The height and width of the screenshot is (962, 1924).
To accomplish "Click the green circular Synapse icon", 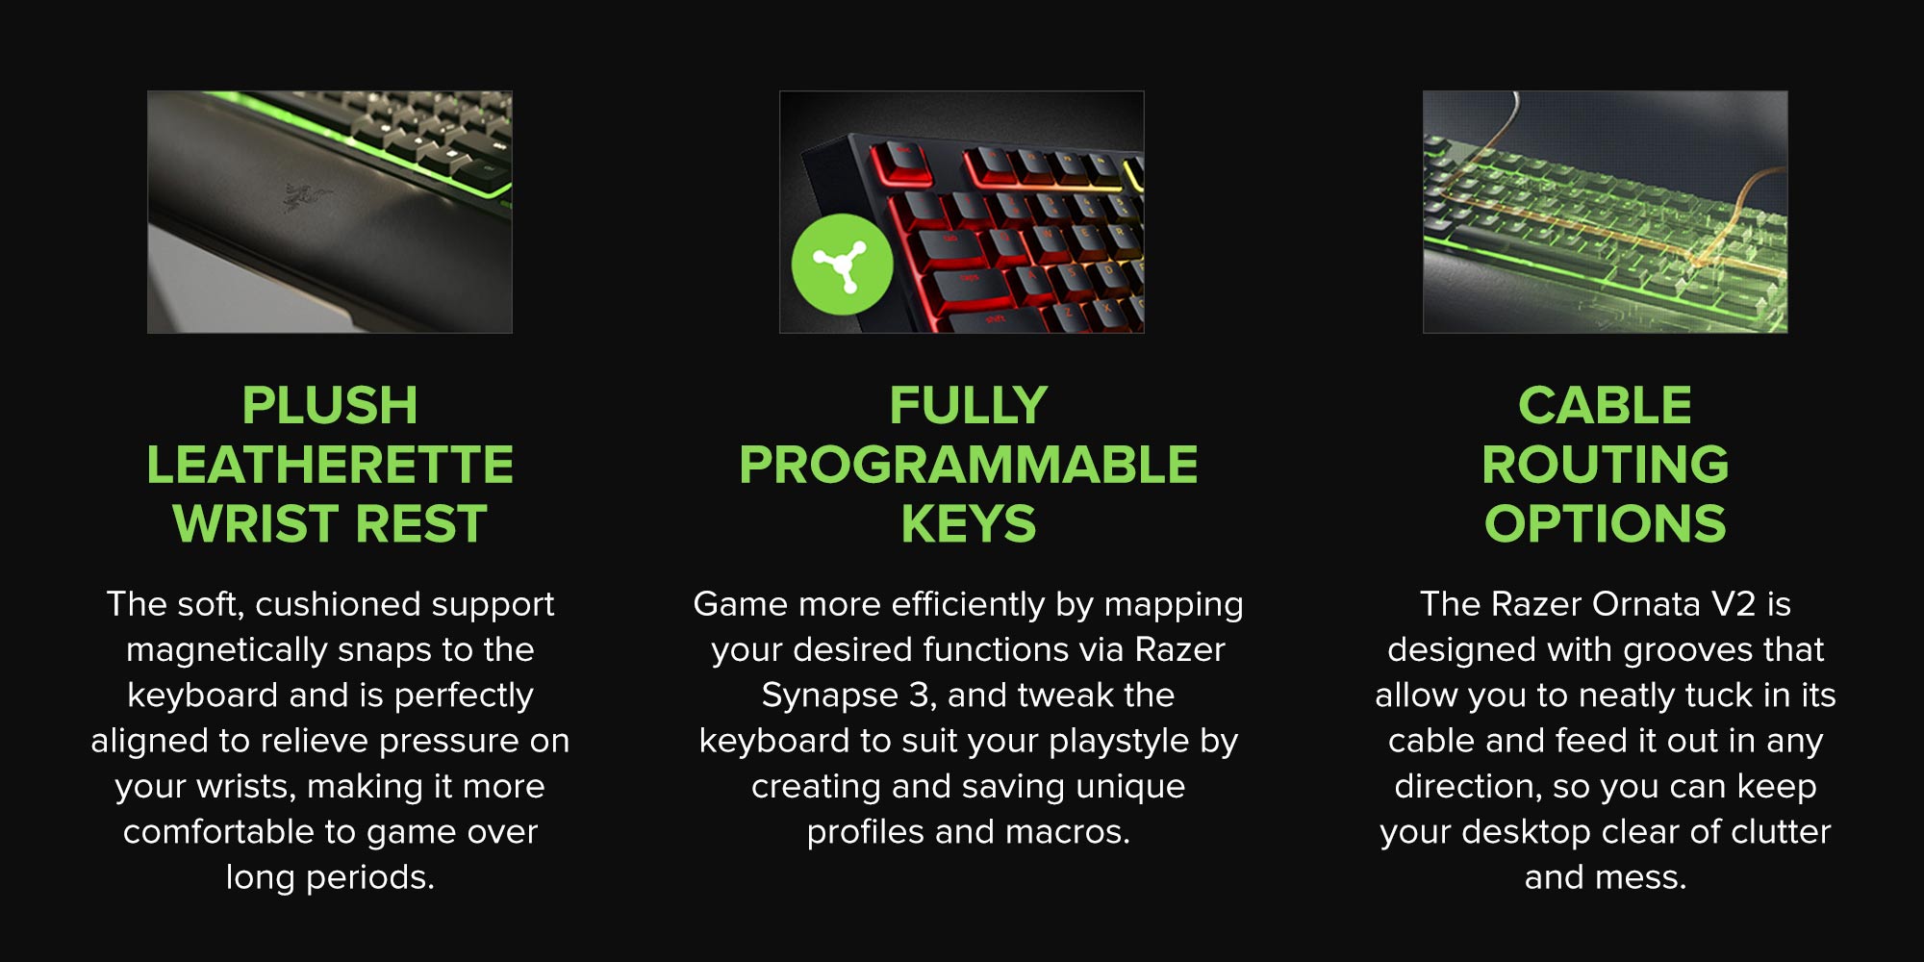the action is [x=842, y=265].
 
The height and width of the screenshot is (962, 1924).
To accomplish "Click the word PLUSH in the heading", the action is [x=330, y=405].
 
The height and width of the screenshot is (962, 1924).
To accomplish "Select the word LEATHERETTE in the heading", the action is [x=330, y=465].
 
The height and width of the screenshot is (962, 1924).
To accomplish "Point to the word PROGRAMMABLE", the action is [x=969, y=465].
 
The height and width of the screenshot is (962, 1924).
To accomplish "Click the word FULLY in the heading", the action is [x=969, y=405].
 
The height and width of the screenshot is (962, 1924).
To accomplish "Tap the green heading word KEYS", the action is [x=969, y=524].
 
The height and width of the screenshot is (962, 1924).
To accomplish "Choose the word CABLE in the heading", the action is [x=1605, y=405].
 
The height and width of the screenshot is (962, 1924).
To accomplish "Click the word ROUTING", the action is [x=1605, y=465].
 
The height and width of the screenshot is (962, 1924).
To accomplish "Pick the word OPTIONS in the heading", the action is [x=1605, y=524].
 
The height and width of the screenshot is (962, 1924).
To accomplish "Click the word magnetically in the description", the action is [x=229, y=651].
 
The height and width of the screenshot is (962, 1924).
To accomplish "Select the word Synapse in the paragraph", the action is [x=829, y=696].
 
